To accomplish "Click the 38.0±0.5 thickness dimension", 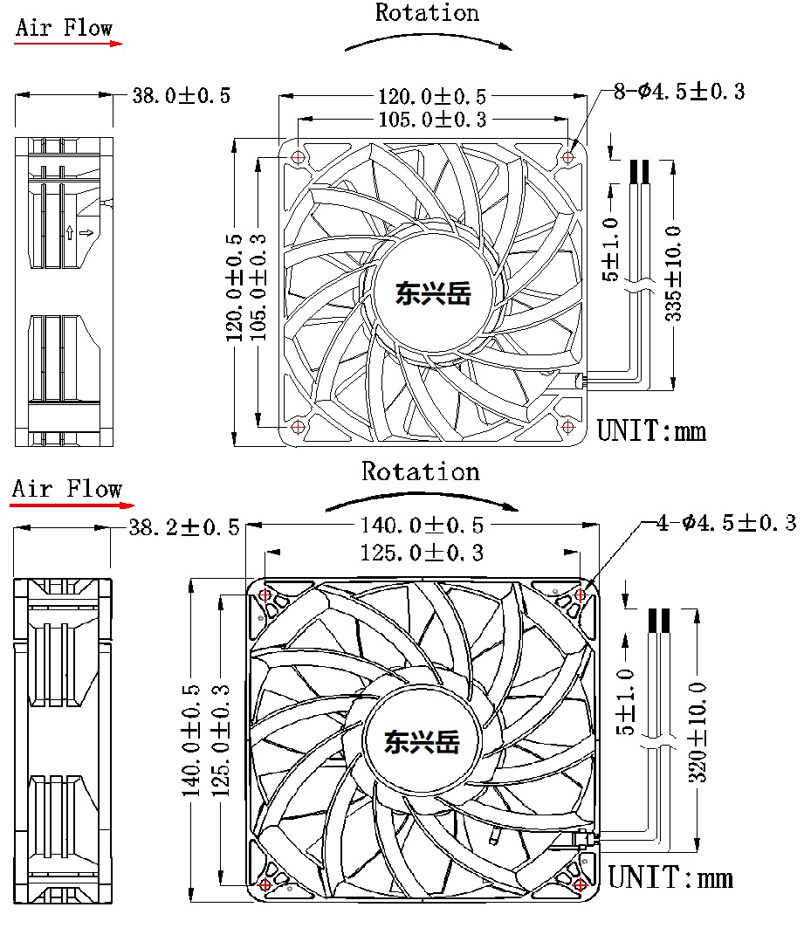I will coord(181,95).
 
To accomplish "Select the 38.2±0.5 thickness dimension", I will coord(184,526).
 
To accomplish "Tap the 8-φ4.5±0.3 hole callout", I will coord(678,92).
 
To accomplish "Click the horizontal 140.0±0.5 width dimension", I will coord(422,525).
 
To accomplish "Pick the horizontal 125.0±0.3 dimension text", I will coord(422,553).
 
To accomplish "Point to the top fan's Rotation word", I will coord(427,13).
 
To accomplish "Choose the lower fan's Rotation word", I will coord(421,472).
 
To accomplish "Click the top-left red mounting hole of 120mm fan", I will coord(299,158).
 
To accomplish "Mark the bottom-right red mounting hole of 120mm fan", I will coord(567,427).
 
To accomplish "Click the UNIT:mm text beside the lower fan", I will coord(670,876).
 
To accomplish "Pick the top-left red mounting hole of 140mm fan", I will coord(266,595).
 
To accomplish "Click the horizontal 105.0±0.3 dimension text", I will coord(432,120).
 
